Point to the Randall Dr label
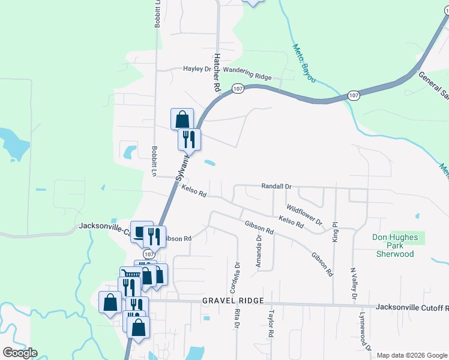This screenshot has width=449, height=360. tap(276, 187)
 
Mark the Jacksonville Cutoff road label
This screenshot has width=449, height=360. tap(412, 308)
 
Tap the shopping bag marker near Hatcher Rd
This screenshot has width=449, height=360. tap(182, 119)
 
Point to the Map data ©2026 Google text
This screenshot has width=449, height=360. tap(412, 355)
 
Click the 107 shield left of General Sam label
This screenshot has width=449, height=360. tap(354, 95)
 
